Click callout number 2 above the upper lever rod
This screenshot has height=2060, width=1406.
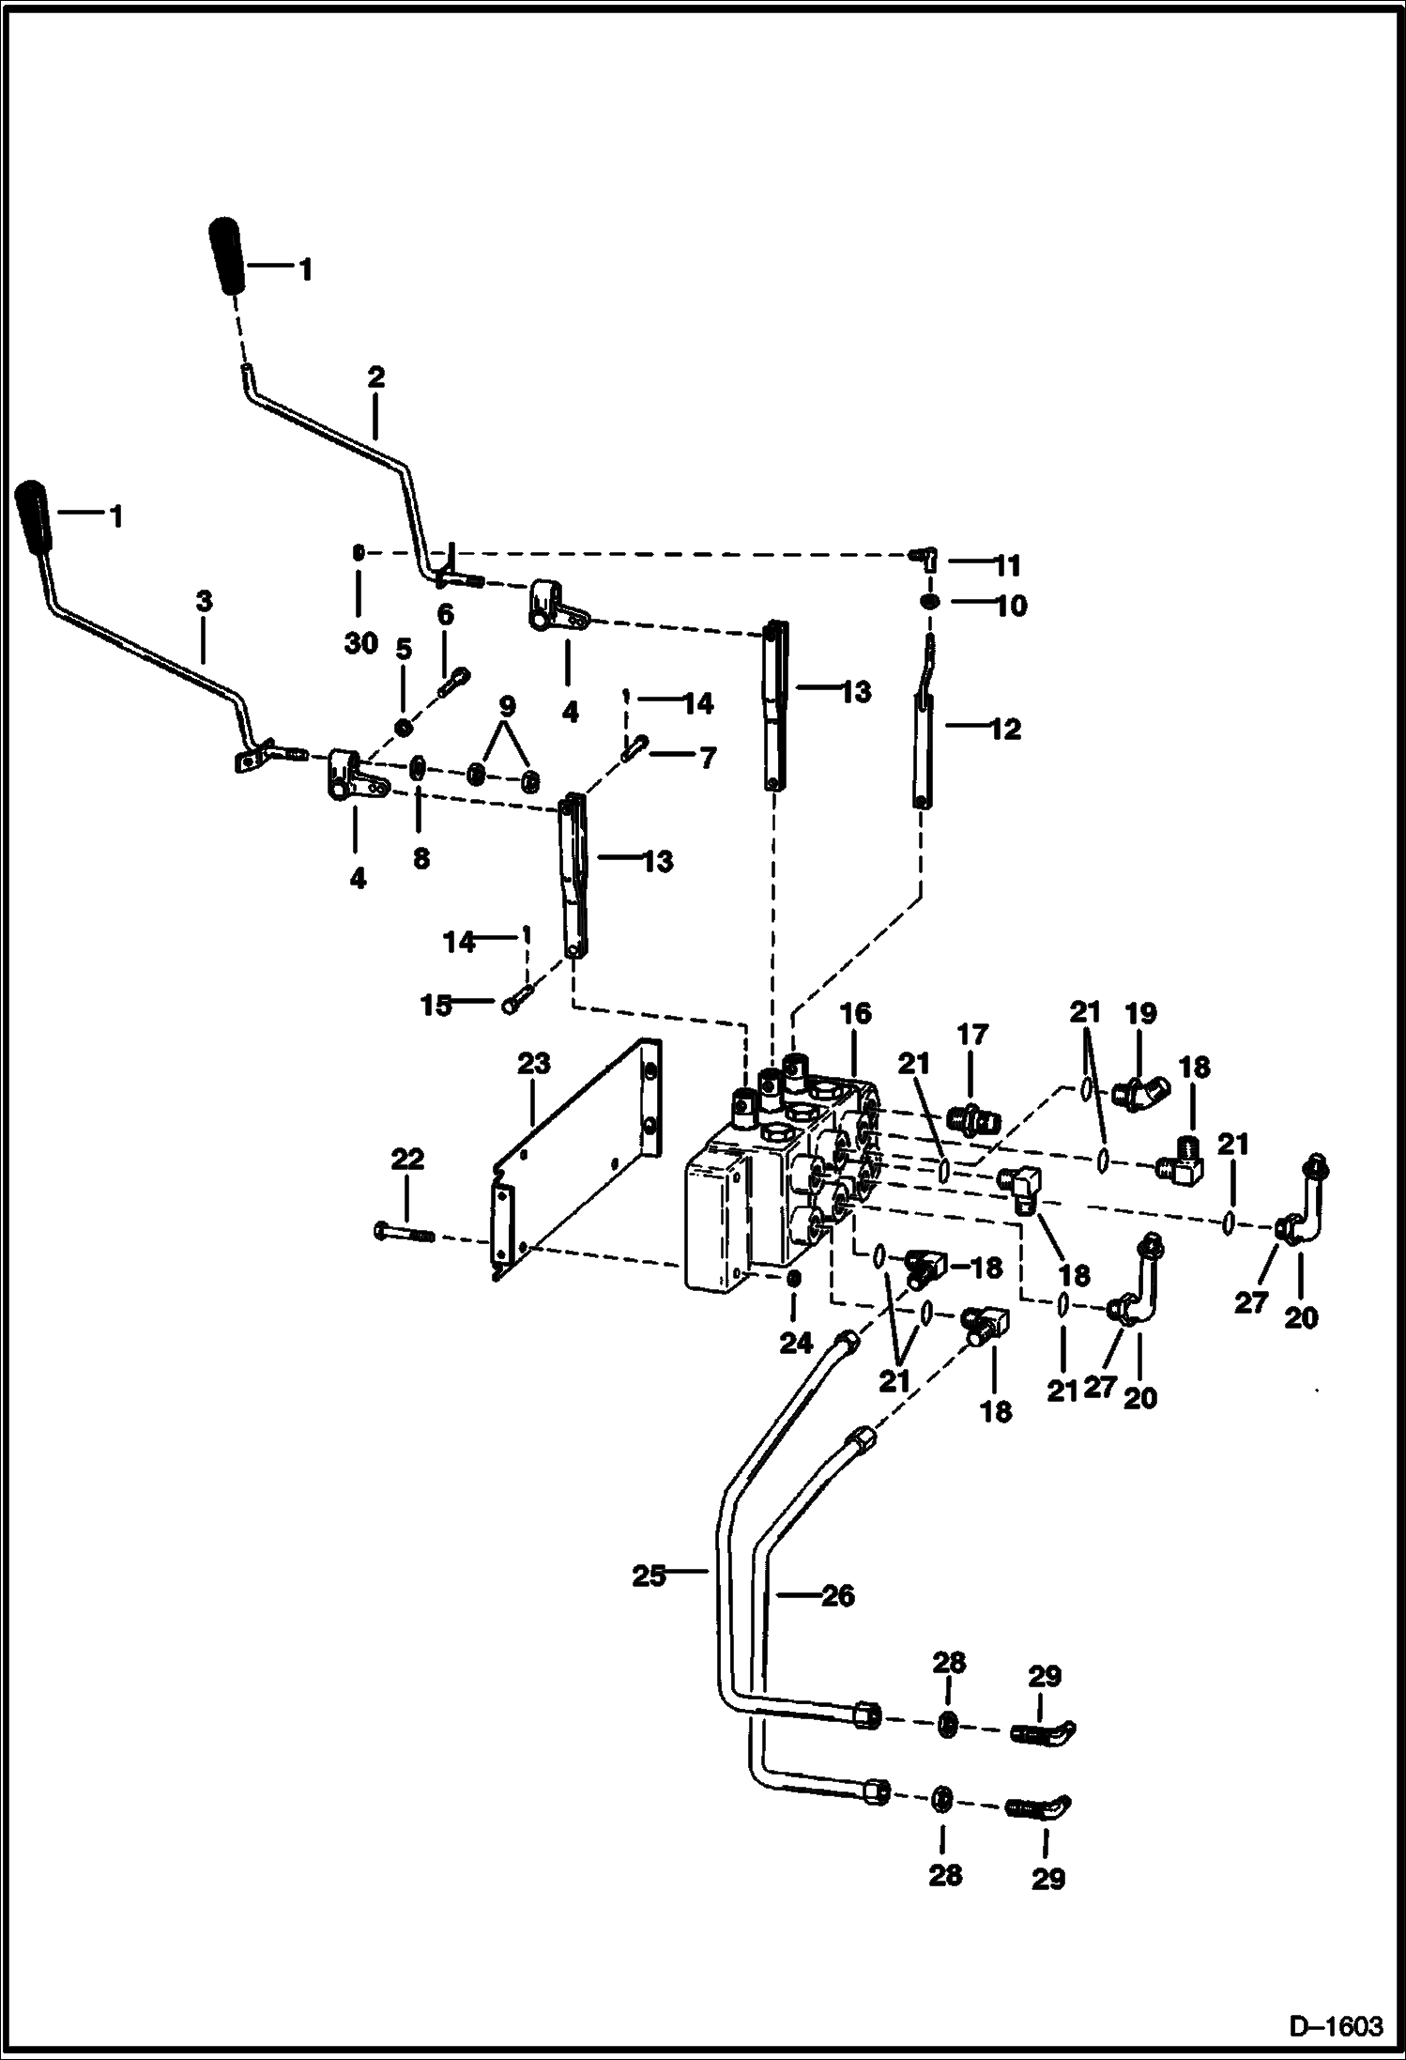tap(375, 377)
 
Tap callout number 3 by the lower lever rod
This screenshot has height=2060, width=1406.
tap(204, 601)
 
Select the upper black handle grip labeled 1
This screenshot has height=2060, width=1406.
tap(226, 256)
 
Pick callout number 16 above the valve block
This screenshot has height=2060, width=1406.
tap(856, 1013)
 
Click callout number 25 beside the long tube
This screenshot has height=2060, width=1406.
tap(648, 1576)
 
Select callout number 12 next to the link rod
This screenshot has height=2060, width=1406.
tap(1005, 729)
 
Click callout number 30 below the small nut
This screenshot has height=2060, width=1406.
tap(360, 643)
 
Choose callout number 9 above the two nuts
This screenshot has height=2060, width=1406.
tap(507, 704)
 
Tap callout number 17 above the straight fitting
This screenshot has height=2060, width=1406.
tap(973, 1035)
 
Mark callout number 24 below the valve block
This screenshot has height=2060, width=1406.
tap(795, 1344)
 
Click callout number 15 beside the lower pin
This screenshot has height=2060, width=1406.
tap(436, 1006)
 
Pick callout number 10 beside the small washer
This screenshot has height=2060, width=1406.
tap(1011, 606)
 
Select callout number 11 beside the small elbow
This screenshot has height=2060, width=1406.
tap(1007, 565)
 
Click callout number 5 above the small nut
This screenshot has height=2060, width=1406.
tap(403, 649)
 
